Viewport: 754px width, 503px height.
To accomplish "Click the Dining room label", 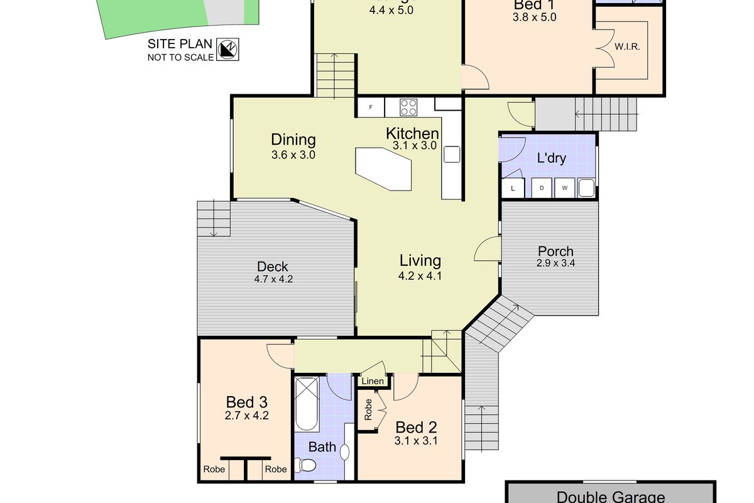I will click(293, 140).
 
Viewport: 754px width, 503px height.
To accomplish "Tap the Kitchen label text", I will click(412, 133).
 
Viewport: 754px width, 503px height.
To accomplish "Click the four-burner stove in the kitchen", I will click(408, 107).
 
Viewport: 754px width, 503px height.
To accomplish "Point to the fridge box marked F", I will click(371, 108).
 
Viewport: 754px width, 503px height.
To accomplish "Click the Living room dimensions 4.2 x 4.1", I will click(420, 275).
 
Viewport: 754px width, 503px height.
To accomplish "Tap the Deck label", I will click(272, 267).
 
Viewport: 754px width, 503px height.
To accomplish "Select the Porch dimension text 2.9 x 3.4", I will click(555, 263).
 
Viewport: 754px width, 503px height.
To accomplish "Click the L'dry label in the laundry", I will click(552, 158).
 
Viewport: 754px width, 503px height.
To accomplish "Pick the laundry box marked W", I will click(564, 188).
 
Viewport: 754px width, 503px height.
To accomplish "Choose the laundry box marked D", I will click(542, 188).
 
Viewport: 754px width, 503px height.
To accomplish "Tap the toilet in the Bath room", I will click(307, 466).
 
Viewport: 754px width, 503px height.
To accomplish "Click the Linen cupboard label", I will click(373, 381).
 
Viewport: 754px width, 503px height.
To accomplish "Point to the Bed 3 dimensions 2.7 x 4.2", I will click(247, 415).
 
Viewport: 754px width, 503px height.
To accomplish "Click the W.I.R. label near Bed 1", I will click(627, 47).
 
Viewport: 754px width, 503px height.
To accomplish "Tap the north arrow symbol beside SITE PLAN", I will click(227, 49).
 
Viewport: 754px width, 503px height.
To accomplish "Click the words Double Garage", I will click(610, 497).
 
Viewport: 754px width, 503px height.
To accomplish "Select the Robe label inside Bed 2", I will click(368, 410).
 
